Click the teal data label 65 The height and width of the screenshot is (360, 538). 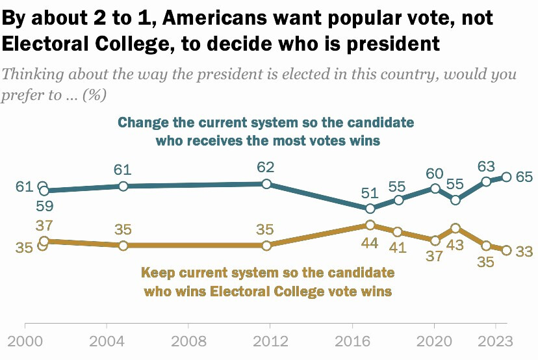click(x=524, y=177)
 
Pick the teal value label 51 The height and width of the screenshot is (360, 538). click(x=369, y=193)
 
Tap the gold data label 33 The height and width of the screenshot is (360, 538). click(x=524, y=251)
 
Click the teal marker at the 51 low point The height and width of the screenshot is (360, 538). click(x=370, y=209)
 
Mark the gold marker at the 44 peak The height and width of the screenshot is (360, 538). click(x=370, y=225)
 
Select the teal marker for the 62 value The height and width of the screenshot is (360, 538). click(x=266, y=184)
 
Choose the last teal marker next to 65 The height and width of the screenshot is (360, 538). click(x=506, y=177)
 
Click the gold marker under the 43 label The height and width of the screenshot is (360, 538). click(x=455, y=228)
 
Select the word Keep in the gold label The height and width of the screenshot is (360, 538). click(x=157, y=273)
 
